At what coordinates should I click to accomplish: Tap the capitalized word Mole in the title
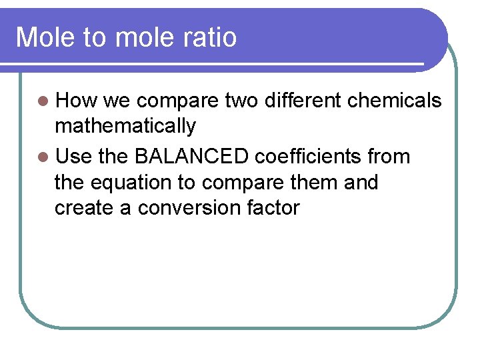[x=45, y=37]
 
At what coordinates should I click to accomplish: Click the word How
[x=77, y=101]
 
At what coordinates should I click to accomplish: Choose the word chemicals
[x=395, y=101]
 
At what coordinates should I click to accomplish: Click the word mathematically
[x=125, y=126]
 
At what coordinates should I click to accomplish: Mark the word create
[x=86, y=208]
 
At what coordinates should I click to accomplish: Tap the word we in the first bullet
[x=117, y=101]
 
